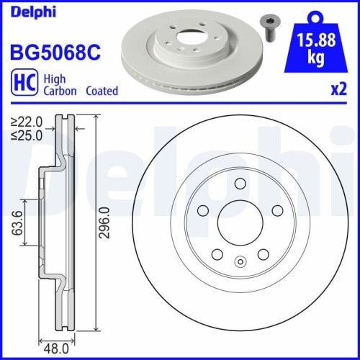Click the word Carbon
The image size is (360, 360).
[61, 91]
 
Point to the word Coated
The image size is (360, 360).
[102, 91]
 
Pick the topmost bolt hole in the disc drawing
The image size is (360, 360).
[238, 185]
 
